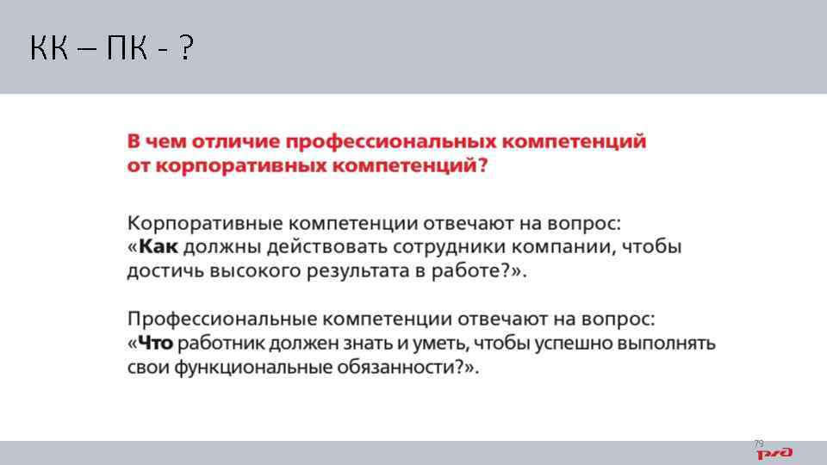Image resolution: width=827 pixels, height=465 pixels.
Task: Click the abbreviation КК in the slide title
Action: pyautogui.click(x=50, y=50)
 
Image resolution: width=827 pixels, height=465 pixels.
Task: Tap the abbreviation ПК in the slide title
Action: pyautogui.click(x=127, y=50)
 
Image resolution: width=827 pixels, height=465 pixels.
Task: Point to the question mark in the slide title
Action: pyautogui.click(x=186, y=50)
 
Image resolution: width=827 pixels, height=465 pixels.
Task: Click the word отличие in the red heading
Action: pyautogui.click(x=239, y=141)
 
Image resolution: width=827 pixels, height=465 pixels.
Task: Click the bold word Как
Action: pyautogui.click(x=158, y=247)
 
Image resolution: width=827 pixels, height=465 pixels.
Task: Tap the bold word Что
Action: pyautogui.click(x=154, y=344)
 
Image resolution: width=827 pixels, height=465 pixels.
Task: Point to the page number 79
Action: pyautogui.click(x=758, y=443)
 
